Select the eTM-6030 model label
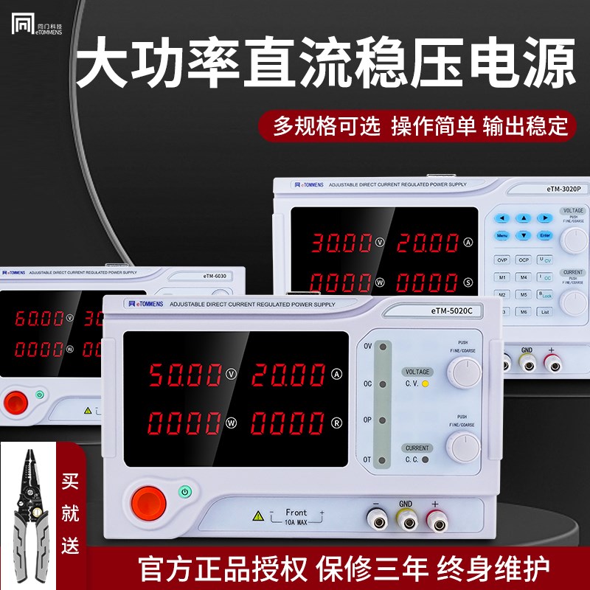click(x=215, y=277)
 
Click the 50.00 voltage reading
click(x=184, y=375)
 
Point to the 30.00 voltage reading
click(x=341, y=242)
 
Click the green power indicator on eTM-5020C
click(x=185, y=490)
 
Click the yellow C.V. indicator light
click(x=426, y=384)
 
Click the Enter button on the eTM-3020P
click(x=545, y=236)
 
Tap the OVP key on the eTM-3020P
click(x=502, y=260)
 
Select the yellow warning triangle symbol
click(x=257, y=516)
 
